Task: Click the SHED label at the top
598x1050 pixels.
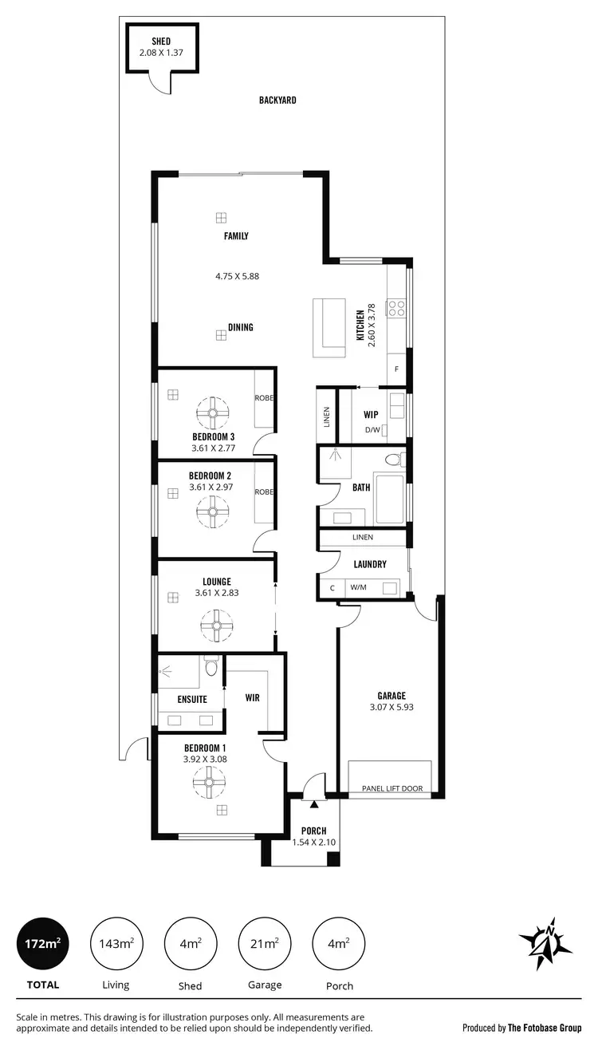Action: tap(162, 41)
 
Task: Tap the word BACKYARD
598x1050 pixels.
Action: tap(277, 101)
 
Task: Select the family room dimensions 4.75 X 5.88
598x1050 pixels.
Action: tap(237, 276)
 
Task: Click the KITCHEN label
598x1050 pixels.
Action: tap(360, 325)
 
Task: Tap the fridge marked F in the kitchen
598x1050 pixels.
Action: tap(397, 369)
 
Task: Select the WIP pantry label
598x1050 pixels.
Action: tap(370, 414)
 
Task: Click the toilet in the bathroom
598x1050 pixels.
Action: tap(392, 460)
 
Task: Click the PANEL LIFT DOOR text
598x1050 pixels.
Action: tap(391, 789)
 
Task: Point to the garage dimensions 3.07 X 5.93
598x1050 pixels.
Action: tap(391, 707)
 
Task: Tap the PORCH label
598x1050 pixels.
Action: tap(315, 831)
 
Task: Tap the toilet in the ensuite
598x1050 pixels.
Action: tap(210, 666)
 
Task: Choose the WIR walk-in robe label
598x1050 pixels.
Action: tap(252, 697)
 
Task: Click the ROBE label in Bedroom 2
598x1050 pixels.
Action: tap(264, 492)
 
